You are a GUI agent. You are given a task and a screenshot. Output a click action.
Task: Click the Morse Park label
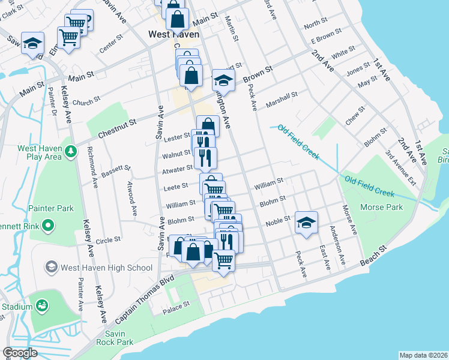[381, 207]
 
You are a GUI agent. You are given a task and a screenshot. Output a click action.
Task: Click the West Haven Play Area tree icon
[71, 152]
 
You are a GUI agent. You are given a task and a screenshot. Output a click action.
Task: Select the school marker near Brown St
[223, 80]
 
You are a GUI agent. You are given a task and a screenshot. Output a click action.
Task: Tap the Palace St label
[177, 304]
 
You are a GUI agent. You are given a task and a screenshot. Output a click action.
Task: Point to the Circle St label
[108, 239]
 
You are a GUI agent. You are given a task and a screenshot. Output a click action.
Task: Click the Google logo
[20, 353]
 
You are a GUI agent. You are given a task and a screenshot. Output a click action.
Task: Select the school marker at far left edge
[32, 43]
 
